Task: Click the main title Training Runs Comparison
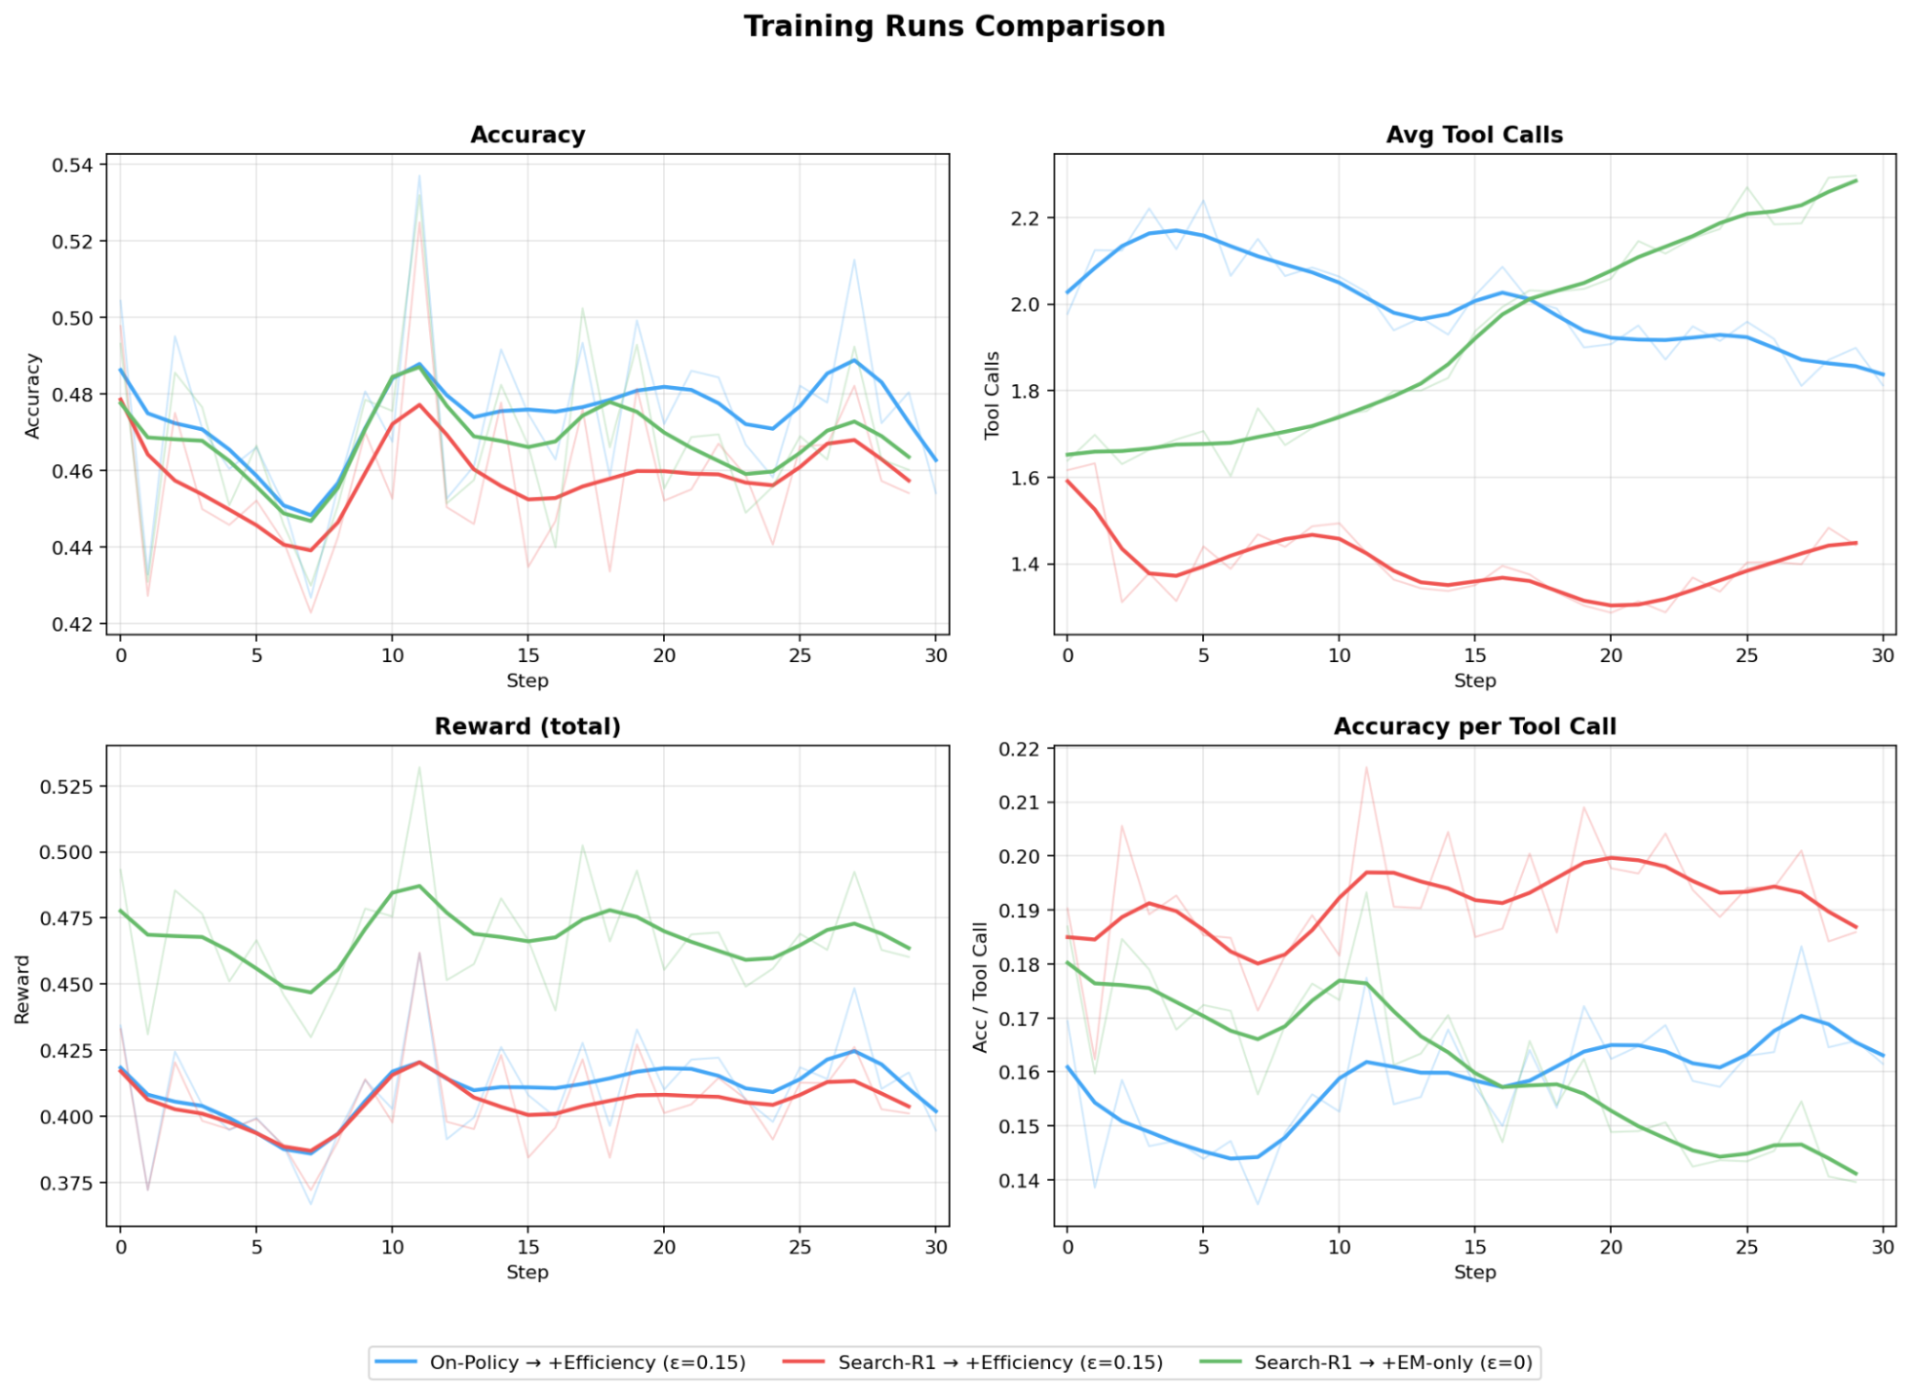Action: tap(954, 27)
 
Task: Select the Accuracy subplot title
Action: tap(527, 135)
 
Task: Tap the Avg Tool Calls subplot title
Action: tap(1474, 135)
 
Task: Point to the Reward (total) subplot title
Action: tap(527, 726)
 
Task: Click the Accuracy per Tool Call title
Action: tap(1474, 726)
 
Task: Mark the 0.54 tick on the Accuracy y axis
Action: tap(73, 165)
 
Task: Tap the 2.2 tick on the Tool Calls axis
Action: tap(1024, 219)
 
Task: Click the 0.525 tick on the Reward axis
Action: tap(66, 786)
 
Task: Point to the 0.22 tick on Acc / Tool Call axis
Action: tap(1019, 749)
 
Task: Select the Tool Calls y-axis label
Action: tap(992, 395)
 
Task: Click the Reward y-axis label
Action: tap(22, 989)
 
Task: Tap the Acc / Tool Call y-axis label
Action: tap(979, 987)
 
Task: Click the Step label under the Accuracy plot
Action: tap(527, 680)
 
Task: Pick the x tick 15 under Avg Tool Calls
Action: tap(1474, 655)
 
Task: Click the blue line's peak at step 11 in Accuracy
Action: tap(419, 364)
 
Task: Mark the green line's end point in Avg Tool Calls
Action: tap(1856, 181)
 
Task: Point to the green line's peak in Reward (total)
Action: tap(419, 886)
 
